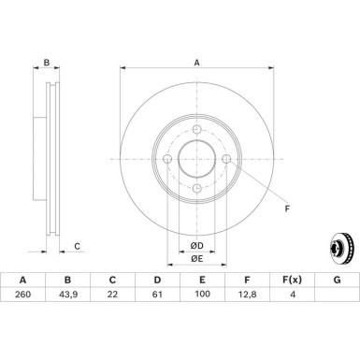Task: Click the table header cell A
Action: (x=22, y=305)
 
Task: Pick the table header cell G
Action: (x=336, y=305)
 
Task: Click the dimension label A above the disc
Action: (x=196, y=65)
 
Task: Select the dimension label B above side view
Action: (x=47, y=65)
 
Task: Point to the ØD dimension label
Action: (x=197, y=245)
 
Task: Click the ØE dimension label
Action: (x=197, y=258)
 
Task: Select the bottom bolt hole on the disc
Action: (x=198, y=190)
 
